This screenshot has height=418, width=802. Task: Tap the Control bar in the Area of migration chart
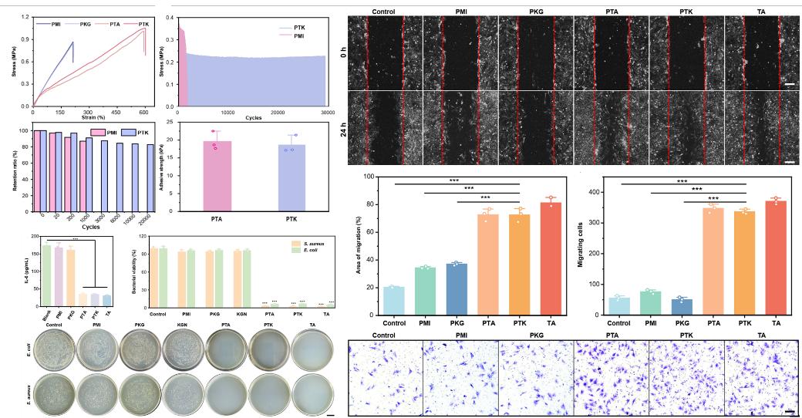click(x=393, y=301)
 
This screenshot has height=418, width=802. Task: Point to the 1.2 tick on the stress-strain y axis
click(x=26, y=16)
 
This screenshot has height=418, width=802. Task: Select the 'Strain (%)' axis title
click(x=88, y=117)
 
